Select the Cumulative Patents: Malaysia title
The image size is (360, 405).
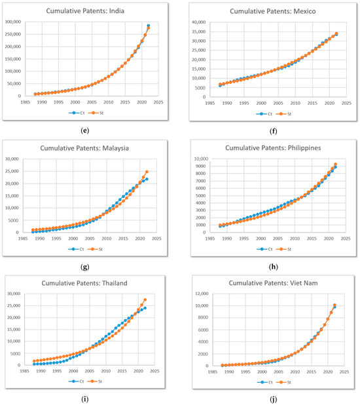[92, 147]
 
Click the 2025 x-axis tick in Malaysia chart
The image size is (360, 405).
[158, 239]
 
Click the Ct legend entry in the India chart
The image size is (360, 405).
[81, 113]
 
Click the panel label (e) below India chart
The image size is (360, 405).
[91, 130]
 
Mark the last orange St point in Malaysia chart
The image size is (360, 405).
[147, 172]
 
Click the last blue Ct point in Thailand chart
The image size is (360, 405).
[145, 308]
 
